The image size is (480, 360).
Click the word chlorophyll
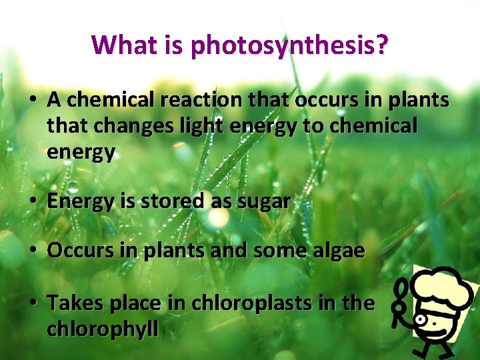103,329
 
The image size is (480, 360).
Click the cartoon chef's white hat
443,287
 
